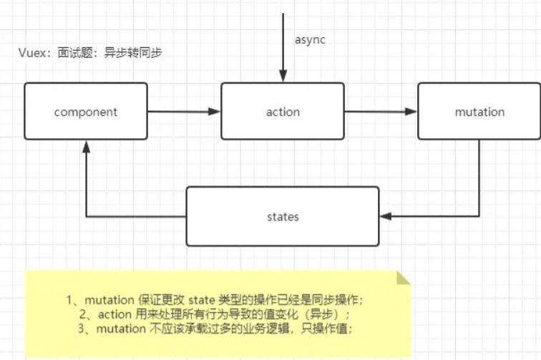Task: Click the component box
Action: pos(85,111)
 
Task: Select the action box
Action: pos(282,111)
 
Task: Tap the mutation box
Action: pos(479,111)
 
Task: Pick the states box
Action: pos(282,215)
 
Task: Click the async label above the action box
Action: pos(310,40)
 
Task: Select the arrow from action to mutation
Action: pos(380,111)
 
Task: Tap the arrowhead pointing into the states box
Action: pos(384,215)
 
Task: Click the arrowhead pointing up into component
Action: pos(86,145)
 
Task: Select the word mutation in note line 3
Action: pos(117,329)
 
